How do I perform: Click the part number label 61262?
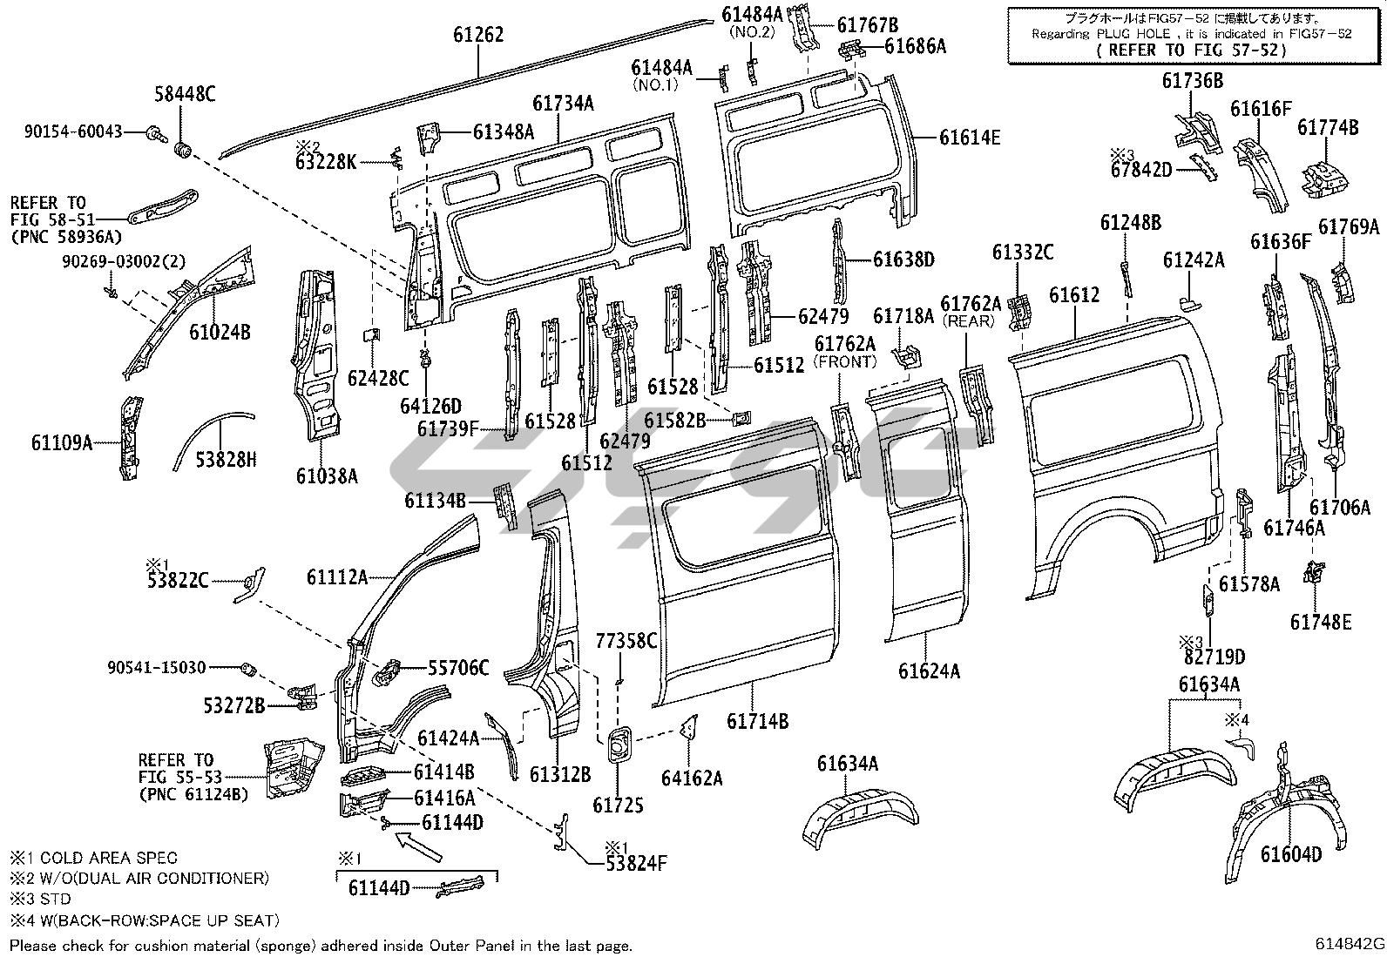(x=478, y=36)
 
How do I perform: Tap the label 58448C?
(x=186, y=96)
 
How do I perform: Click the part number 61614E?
(x=969, y=137)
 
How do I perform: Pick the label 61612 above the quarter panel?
(x=1073, y=295)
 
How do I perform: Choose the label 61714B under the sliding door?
(x=757, y=721)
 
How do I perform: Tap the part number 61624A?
(x=929, y=671)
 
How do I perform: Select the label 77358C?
(x=626, y=642)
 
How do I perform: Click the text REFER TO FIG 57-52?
(x=1191, y=50)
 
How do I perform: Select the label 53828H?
(x=225, y=459)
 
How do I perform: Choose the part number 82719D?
(x=1215, y=656)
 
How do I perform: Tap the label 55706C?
(x=457, y=669)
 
